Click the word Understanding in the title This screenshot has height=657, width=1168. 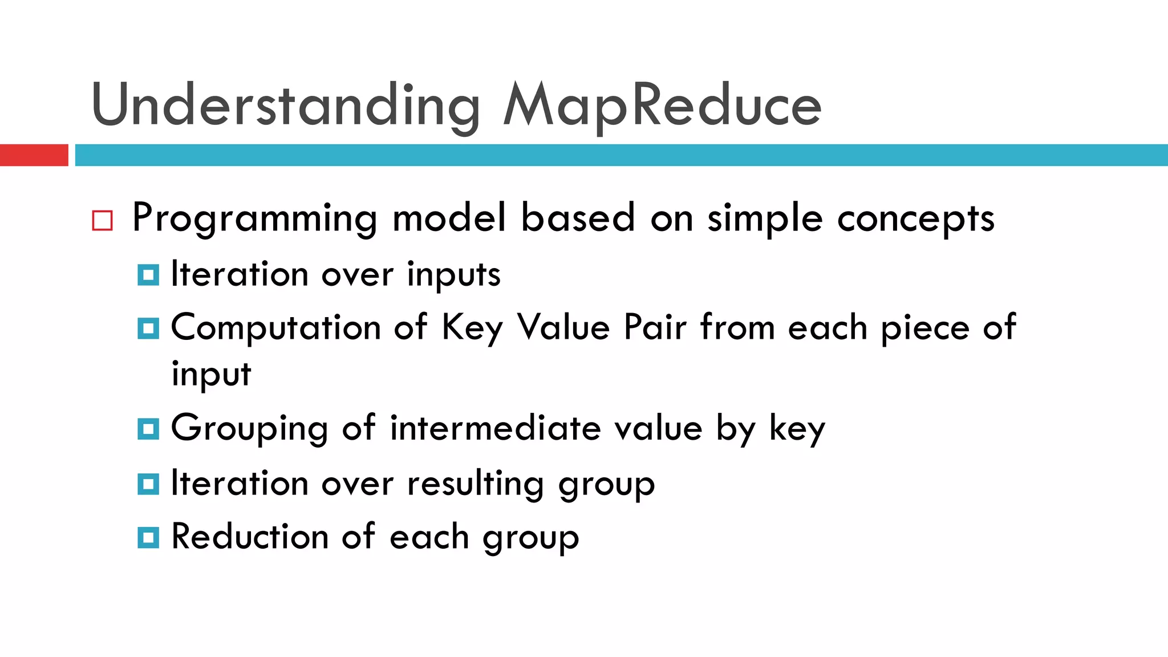[x=285, y=106]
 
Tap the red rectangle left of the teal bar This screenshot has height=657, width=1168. [x=34, y=155]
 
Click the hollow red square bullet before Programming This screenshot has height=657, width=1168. [x=103, y=220]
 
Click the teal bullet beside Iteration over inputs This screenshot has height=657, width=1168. [x=148, y=275]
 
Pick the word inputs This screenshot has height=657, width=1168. [x=453, y=275]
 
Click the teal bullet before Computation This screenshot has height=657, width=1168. [x=148, y=328]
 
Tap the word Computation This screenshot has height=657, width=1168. [x=275, y=328]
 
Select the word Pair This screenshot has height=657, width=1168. [x=655, y=328]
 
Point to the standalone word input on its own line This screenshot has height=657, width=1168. [x=211, y=375]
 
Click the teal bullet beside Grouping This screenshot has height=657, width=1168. [x=148, y=429]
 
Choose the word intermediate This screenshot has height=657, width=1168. [x=495, y=428]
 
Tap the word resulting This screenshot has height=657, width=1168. [x=475, y=485]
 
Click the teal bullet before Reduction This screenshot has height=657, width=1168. [x=148, y=537]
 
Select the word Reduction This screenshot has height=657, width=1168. [x=250, y=537]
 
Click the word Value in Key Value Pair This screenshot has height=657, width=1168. [x=563, y=328]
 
